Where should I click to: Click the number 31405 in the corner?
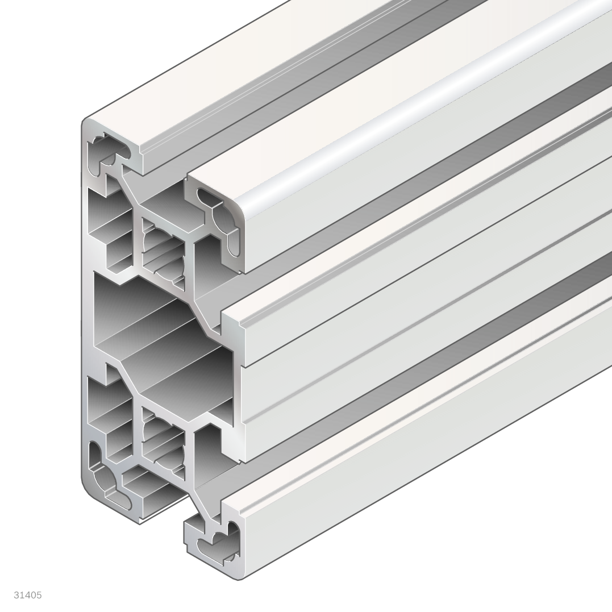(28, 595)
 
